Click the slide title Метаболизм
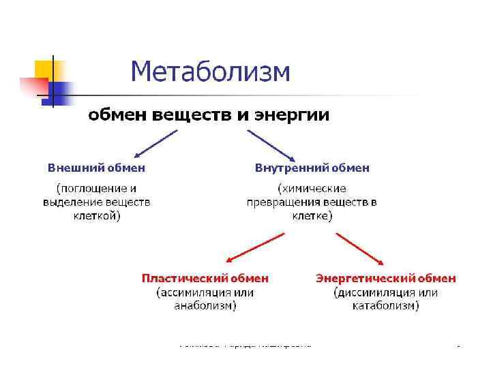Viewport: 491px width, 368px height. pos(210,71)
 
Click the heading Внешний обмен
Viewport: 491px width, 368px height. pos(96,167)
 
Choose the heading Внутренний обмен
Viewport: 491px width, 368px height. pos(312,167)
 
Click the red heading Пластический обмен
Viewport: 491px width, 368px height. pos(205,278)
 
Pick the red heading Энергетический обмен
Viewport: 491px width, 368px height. pos(385,278)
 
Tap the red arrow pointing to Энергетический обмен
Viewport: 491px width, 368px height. pos(360,247)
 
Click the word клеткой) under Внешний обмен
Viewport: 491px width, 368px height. pos(96,216)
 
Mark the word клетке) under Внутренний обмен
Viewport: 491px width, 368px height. pos(312,216)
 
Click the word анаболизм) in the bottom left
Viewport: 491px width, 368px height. pos(205,306)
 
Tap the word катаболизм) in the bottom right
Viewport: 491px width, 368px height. pos(385,306)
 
